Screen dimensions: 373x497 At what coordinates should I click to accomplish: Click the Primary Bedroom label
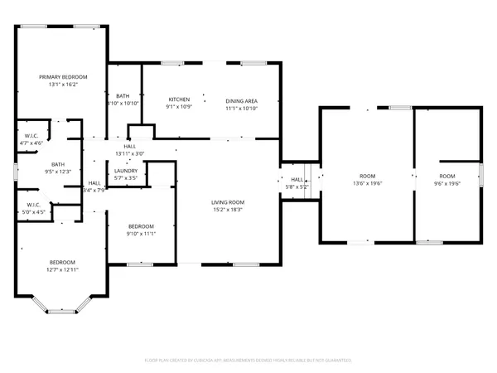click(62, 76)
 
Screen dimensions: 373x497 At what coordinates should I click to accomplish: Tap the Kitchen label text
click(180, 99)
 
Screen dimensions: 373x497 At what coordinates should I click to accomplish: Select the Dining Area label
click(241, 100)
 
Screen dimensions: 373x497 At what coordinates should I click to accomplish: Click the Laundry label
click(126, 171)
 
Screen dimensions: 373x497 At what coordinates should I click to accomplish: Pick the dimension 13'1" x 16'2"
click(62, 85)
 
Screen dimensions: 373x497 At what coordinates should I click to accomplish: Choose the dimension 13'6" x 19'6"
click(367, 184)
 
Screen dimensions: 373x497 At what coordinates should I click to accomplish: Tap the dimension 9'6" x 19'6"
click(447, 184)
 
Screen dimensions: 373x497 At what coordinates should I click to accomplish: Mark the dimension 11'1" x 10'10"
click(241, 108)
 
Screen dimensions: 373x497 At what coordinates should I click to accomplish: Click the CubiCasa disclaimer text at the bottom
click(248, 361)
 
